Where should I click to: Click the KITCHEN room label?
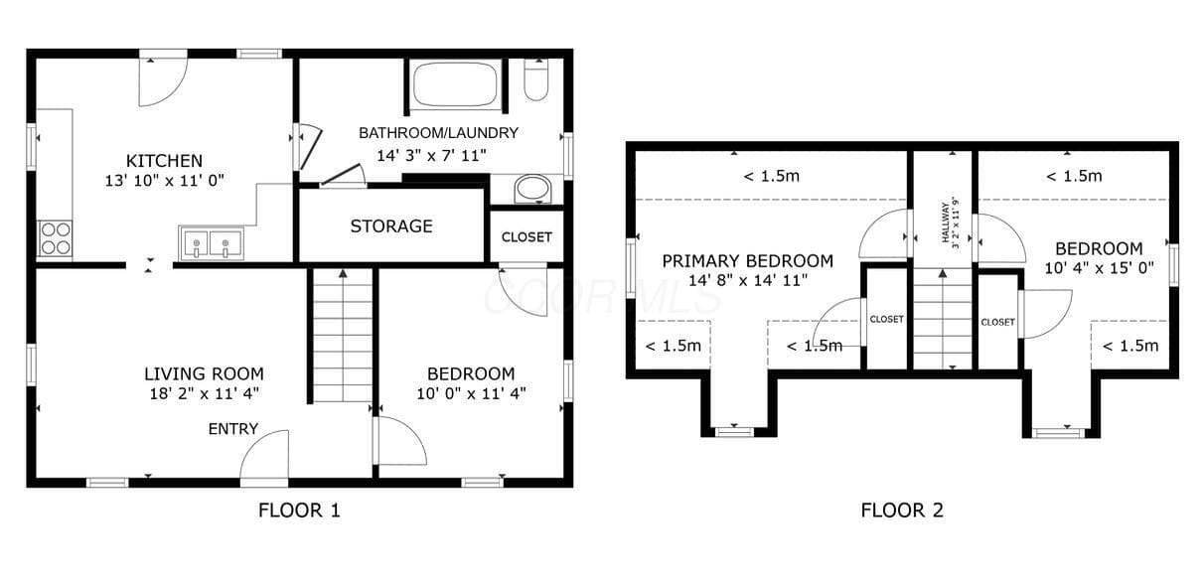point(164,161)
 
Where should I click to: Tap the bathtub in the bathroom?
point(455,84)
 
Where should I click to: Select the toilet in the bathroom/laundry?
point(536,80)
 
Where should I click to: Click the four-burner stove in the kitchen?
point(56,238)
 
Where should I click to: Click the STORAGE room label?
point(391,226)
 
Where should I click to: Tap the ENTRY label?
point(233,428)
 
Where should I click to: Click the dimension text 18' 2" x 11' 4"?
point(204,393)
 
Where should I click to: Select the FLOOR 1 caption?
point(299,511)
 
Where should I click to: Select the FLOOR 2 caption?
point(902,511)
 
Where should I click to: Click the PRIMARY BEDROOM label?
point(748,261)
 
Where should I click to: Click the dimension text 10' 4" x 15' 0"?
point(1100,268)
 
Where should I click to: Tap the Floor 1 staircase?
point(343,336)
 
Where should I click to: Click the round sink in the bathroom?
point(532,189)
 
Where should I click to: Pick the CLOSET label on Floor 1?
point(526,236)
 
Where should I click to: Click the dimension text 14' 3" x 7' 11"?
point(431,156)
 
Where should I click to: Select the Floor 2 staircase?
point(943,319)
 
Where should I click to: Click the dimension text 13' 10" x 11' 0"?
point(164,181)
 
